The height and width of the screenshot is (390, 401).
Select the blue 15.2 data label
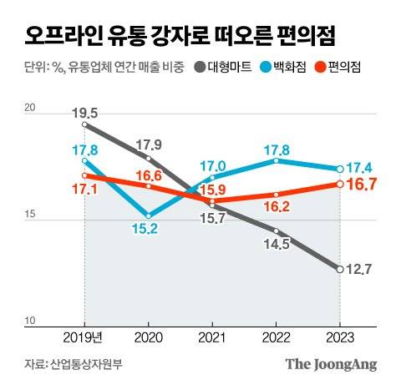point(147,230)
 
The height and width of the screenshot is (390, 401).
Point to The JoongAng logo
point(331,364)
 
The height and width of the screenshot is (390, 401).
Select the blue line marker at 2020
point(148,215)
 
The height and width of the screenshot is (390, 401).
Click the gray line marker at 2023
point(340,268)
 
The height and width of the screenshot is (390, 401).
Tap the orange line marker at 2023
point(340,184)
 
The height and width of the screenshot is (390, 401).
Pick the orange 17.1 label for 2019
point(85,190)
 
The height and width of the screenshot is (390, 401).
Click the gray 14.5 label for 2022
point(276,244)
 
